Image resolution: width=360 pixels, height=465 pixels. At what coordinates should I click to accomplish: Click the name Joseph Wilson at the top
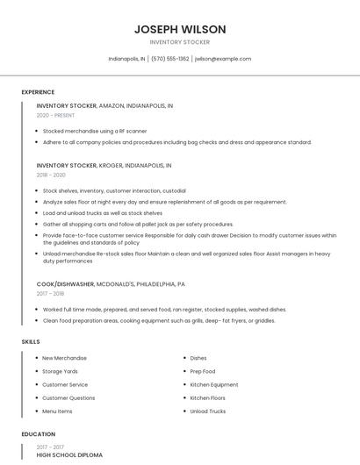(x=180, y=29)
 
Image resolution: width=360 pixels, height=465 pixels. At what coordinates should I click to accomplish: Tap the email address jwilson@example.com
(x=223, y=59)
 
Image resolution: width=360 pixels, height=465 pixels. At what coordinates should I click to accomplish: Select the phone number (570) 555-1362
(x=170, y=59)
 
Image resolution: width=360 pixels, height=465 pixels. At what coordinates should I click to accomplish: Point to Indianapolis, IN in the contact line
(x=126, y=59)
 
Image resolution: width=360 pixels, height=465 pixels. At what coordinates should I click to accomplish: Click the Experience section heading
(x=38, y=92)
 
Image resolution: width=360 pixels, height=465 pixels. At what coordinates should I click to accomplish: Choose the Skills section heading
(x=30, y=341)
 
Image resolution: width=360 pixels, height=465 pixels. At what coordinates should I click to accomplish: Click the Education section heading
(x=38, y=434)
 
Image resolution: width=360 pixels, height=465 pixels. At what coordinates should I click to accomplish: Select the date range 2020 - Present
(x=57, y=116)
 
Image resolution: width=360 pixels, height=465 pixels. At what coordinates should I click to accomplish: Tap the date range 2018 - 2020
(x=51, y=175)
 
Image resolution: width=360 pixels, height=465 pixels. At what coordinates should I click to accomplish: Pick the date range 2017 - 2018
(x=51, y=294)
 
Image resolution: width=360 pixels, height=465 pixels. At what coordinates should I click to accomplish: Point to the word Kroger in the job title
(x=110, y=165)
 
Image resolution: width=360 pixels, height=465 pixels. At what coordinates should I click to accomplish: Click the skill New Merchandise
(x=65, y=358)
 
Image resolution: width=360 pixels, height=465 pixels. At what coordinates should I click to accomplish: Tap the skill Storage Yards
(x=61, y=371)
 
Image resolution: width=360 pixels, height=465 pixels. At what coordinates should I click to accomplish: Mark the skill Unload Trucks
(x=208, y=411)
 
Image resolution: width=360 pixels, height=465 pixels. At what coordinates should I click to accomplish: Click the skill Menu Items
(x=58, y=411)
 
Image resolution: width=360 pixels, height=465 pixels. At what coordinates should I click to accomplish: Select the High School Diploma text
(x=69, y=455)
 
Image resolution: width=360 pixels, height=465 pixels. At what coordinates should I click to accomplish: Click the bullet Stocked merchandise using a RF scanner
(x=95, y=131)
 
